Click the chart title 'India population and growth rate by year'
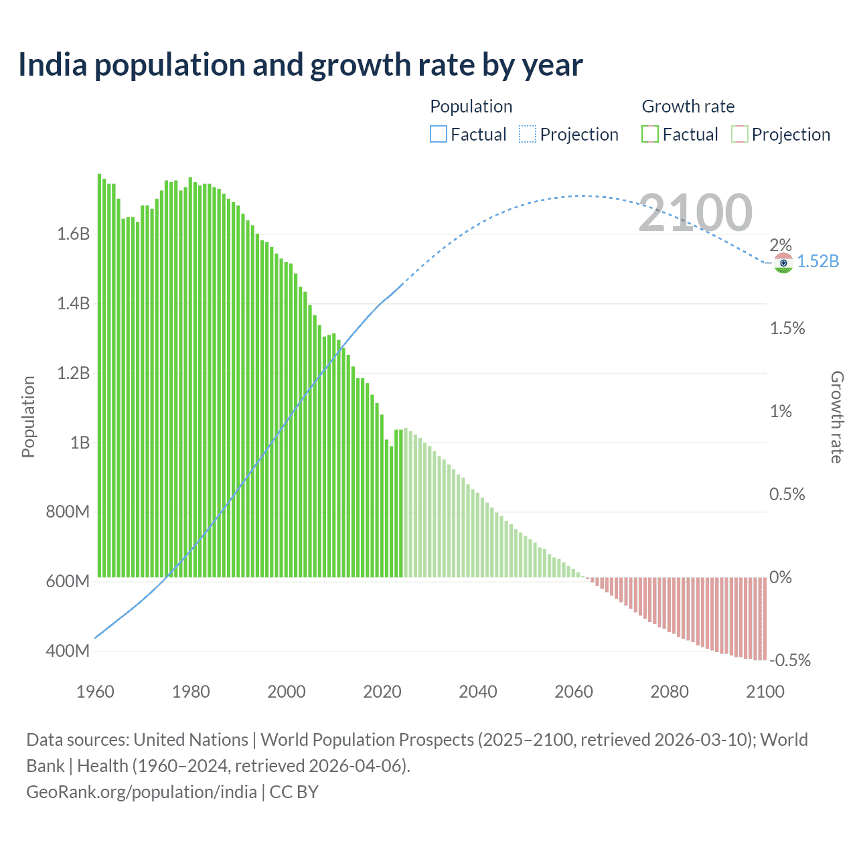click(x=300, y=65)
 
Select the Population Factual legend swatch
click(x=438, y=135)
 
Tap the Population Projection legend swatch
click(x=528, y=135)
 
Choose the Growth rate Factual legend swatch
click(x=650, y=135)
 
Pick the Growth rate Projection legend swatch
click(x=739, y=135)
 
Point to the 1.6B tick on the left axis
click(x=73, y=234)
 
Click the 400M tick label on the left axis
click(x=68, y=651)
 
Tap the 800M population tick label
click(x=68, y=512)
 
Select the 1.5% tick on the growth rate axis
click(x=787, y=328)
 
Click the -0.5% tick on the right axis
click(x=790, y=660)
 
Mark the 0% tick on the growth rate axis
click(x=781, y=577)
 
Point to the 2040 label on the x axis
click(x=477, y=692)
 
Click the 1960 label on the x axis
click(x=95, y=692)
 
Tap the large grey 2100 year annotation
click(x=695, y=213)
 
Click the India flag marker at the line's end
click(x=783, y=262)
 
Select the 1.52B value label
click(x=817, y=261)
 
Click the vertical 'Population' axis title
click(x=28, y=416)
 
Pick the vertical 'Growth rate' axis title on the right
click(x=836, y=416)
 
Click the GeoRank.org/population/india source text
click(x=141, y=792)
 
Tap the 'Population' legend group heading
click(x=471, y=106)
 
